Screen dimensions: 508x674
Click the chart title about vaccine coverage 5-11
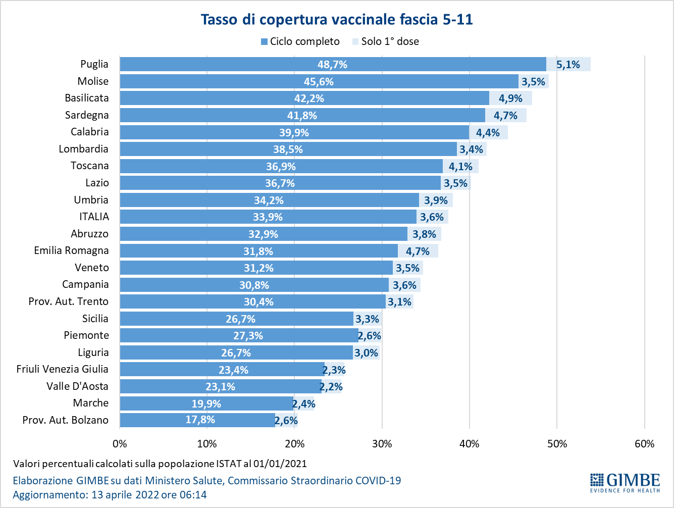tap(337, 20)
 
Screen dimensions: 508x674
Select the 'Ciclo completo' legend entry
tap(300, 41)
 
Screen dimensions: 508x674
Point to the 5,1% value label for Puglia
tap(568, 65)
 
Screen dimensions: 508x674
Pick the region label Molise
tap(93, 81)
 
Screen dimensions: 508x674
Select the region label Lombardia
tap(83, 149)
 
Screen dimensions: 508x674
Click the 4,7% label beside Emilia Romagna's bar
tap(418, 251)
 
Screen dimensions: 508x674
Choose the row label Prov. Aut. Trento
tap(68, 301)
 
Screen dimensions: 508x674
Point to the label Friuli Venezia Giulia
tap(62, 369)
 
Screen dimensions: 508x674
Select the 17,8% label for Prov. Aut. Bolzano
tap(200, 420)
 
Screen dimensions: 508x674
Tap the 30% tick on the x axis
tap(382, 444)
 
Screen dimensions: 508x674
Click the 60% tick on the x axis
tap(644, 444)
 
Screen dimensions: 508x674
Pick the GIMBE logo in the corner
tap(625, 482)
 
